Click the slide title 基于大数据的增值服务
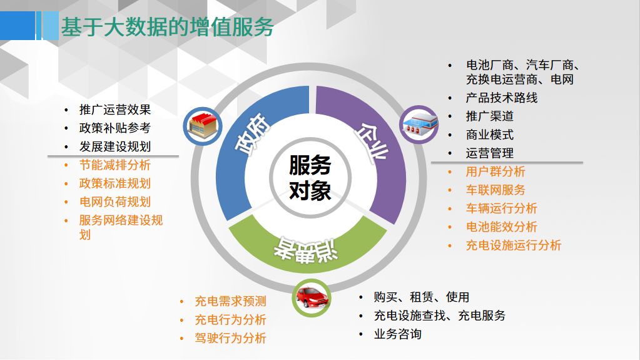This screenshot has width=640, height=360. [x=167, y=27]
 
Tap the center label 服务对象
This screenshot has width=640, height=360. [x=310, y=178]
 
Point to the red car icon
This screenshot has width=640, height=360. [x=312, y=298]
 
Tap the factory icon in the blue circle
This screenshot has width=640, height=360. [x=203, y=126]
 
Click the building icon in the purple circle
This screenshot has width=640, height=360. [x=419, y=124]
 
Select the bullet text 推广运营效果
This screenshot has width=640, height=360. [x=115, y=110]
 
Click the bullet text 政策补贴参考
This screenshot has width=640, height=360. [x=115, y=128]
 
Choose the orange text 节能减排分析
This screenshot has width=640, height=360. [x=115, y=165]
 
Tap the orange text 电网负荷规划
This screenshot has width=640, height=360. [x=115, y=202]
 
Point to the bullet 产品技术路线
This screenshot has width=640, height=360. [x=502, y=98]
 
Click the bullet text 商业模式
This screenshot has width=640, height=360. [x=490, y=135]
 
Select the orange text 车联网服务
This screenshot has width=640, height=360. [x=495, y=190]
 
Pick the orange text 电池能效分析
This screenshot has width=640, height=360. [x=502, y=227]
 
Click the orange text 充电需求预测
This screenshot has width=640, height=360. [x=231, y=301]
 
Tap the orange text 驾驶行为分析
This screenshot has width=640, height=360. [x=231, y=338]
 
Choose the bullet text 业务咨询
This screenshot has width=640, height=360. [x=397, y=334]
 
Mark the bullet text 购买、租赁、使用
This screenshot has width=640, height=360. [x=422, y=297]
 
